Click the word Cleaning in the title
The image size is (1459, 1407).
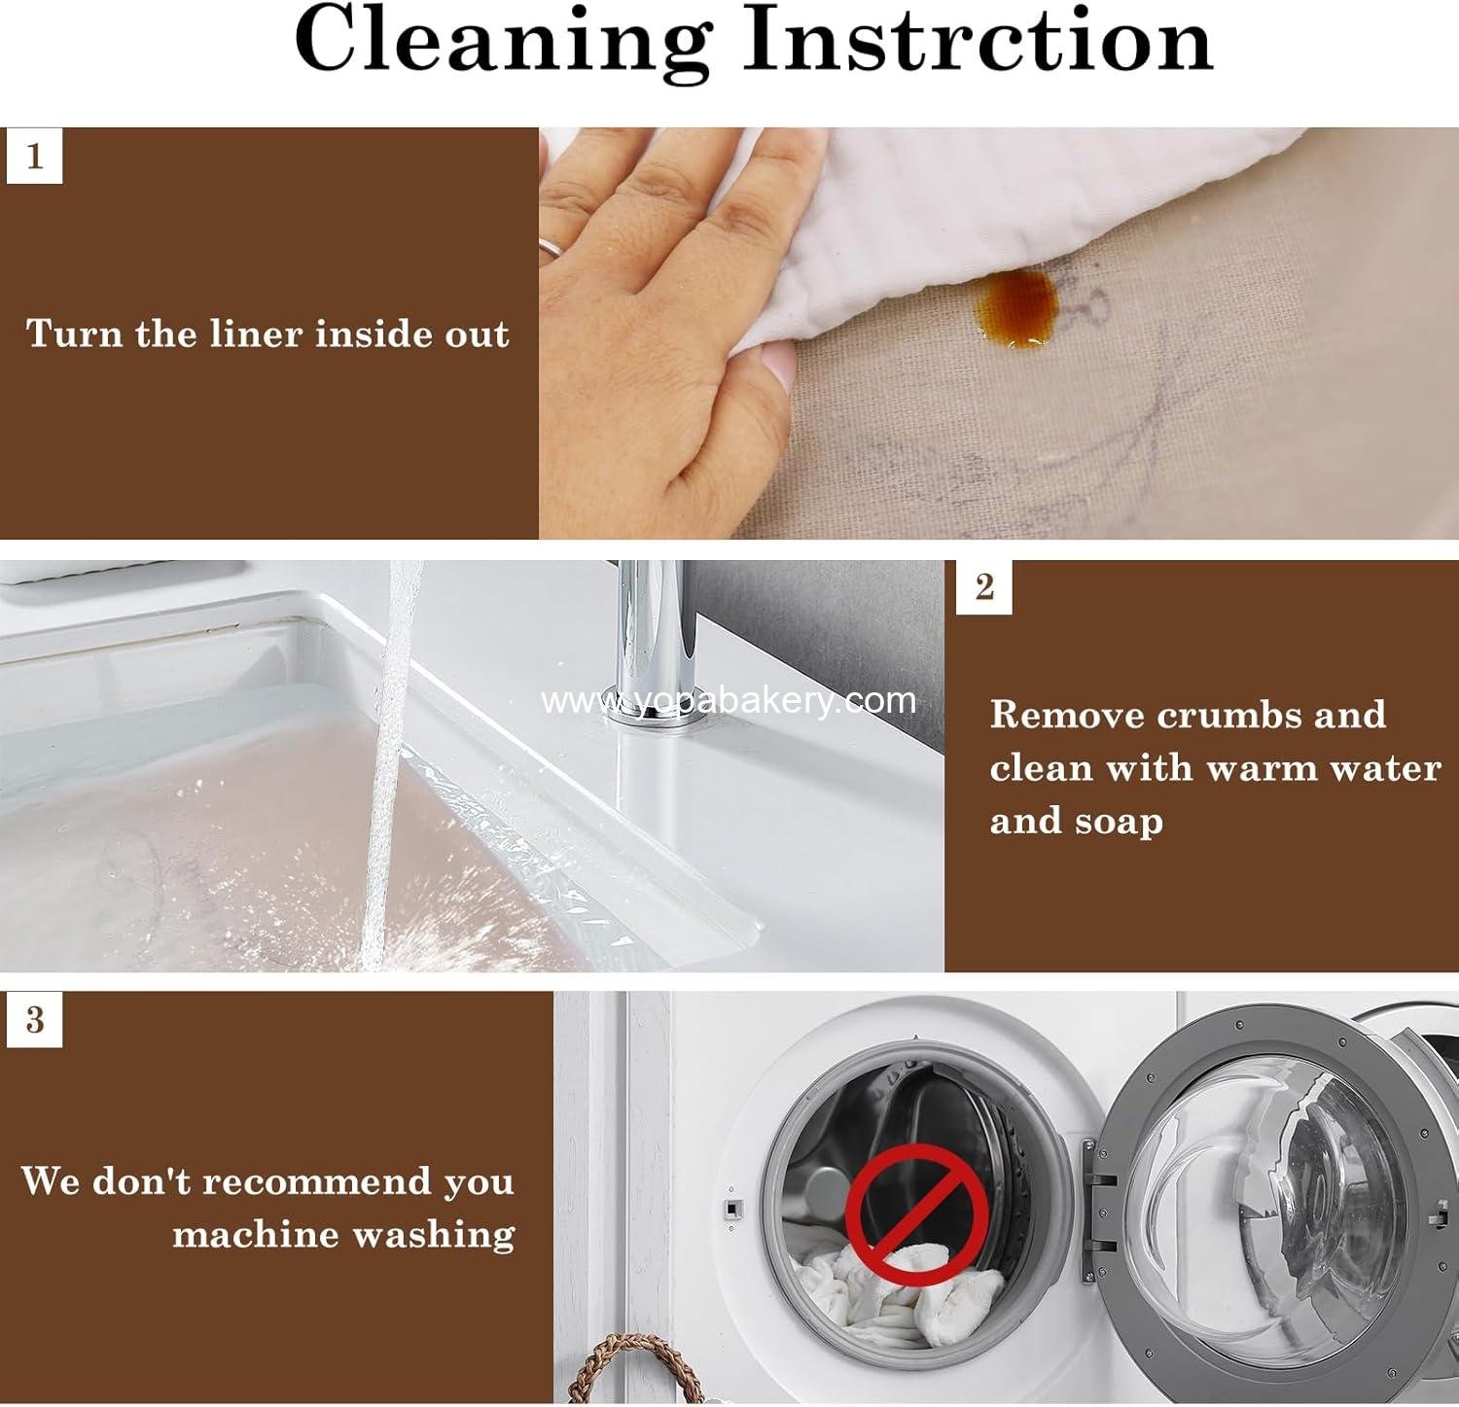[x=502, y=41]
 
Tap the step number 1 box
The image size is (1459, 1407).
[x=35, y=156]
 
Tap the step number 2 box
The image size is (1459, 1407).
[x=984, y=587]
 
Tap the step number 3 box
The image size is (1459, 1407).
[x=35, y=1019]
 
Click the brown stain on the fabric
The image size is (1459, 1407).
[x=1016, y=309]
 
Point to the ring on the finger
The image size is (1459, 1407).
[x=550, y=246]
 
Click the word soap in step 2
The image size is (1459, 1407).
[x=1119, y=822]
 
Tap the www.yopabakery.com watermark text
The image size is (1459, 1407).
[x=729, y=700]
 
